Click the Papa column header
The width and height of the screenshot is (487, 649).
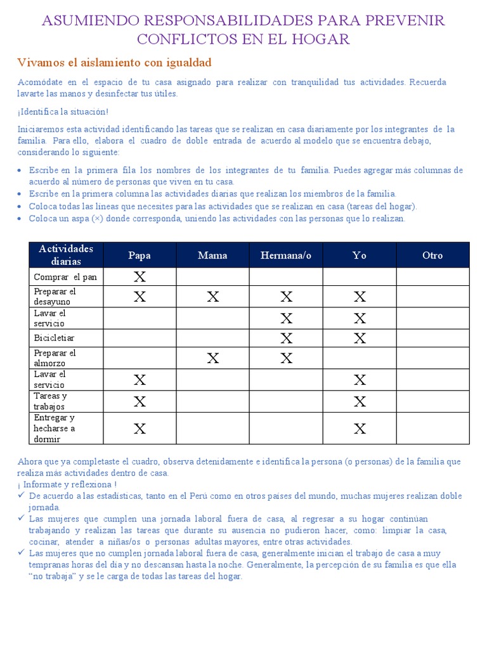coord(140,255)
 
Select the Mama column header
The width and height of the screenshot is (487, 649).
coord(212,255)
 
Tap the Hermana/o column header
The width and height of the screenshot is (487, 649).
coord(286,255)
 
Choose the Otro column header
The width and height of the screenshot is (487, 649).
coord(432,255)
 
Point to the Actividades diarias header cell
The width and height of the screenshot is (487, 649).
coord(66,255)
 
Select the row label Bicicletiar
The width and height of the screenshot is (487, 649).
coord(54,338)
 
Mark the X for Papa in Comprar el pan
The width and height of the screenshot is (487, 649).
coord(140,276)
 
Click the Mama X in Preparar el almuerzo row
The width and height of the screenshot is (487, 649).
coord(213,359)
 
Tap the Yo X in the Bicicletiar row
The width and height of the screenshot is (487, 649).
coord(360,338)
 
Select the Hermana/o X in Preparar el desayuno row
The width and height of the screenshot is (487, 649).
coord(287,297)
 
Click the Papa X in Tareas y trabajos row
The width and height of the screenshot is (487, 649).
coord(140,401)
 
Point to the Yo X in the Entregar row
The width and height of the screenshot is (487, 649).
coord(360,428)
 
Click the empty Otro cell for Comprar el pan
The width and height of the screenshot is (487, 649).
coord(432,277)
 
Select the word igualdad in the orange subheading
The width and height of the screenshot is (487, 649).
coord(184,63)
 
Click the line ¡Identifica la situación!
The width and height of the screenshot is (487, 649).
coord(63,112)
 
